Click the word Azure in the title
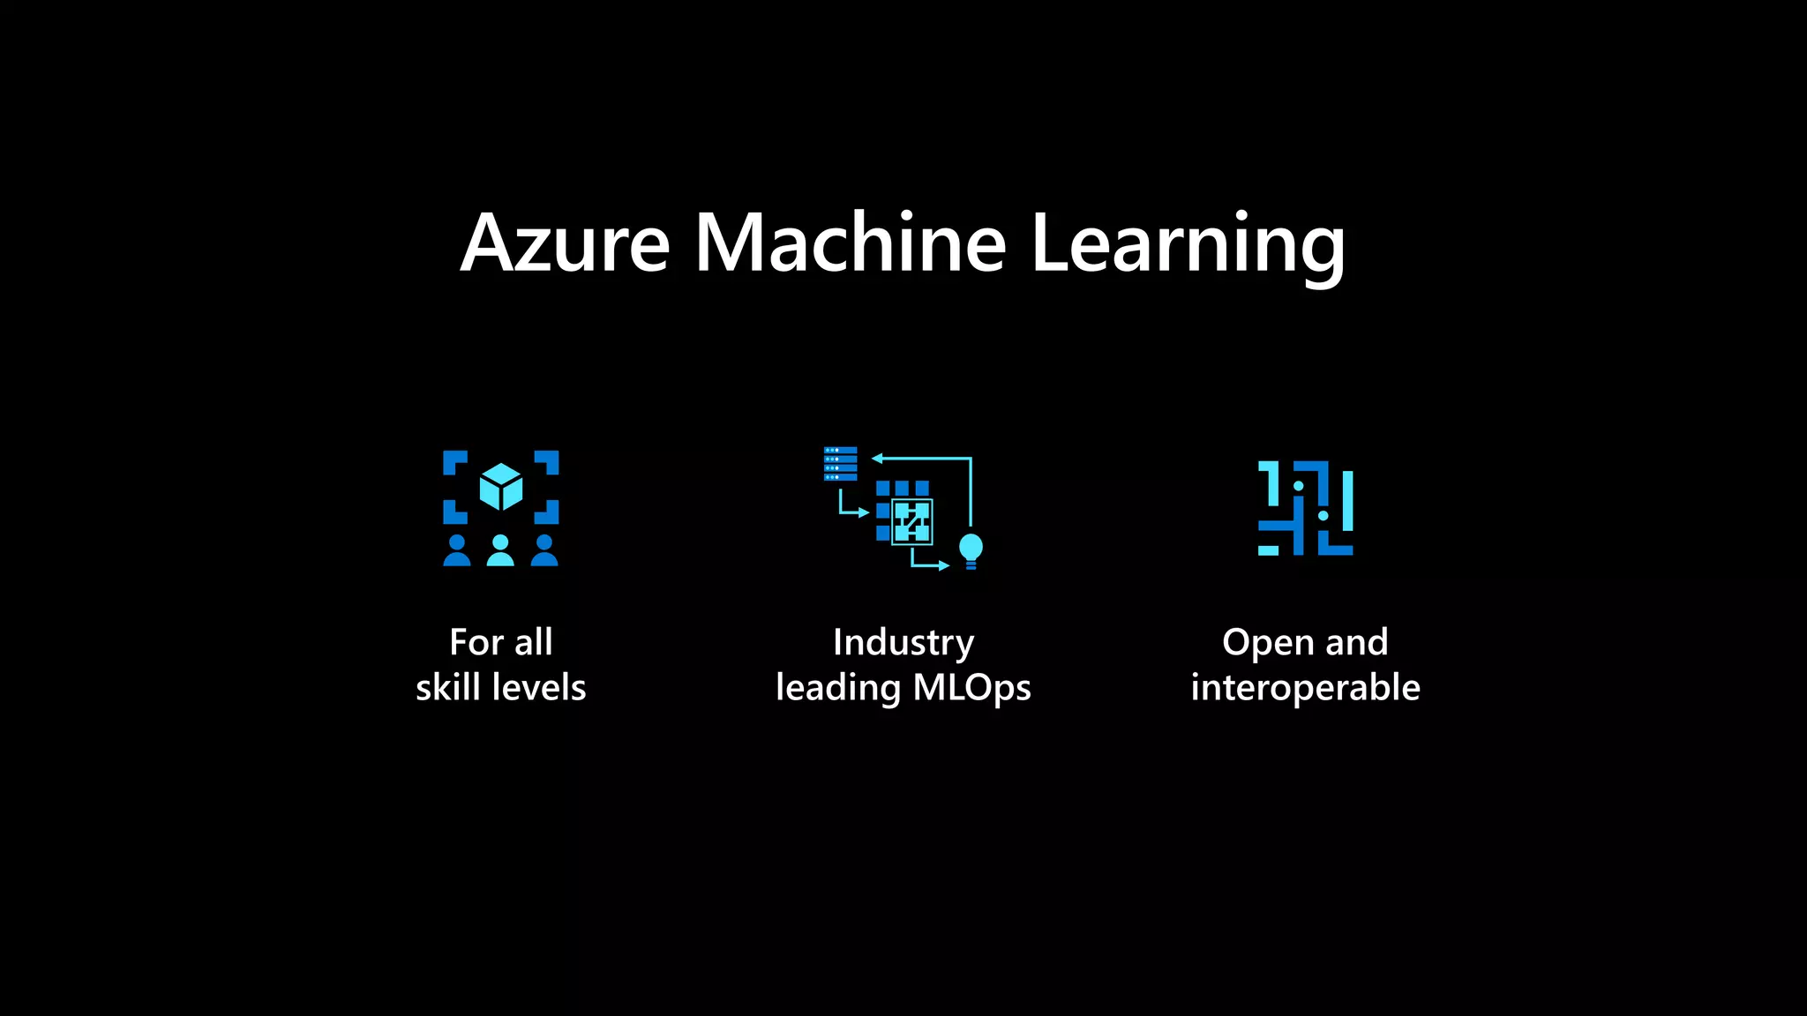(566, 243)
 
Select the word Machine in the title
(851, 243)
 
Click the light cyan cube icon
(501, 486)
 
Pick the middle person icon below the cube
(500, 550)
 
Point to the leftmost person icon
(456, 550)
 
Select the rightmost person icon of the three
(544, 550)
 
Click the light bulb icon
(971, 550)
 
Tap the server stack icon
(840, 464)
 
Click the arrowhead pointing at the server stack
(877, 458)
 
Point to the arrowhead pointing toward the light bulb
(943, 565)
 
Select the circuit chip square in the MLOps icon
(911, 521)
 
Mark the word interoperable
(1305, 688)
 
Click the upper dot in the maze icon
(1298, 486)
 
